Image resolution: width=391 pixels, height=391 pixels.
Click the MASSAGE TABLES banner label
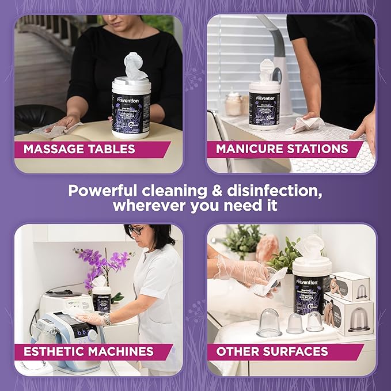(x=79, y=150)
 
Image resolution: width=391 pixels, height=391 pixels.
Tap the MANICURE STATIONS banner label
(x=282, y=149)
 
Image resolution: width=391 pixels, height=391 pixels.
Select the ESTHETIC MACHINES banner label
(x=88, y=351)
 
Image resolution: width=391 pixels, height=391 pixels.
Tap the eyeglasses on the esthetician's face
(x=136, y=230)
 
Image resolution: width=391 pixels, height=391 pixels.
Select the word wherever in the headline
(x=154, y=206)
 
